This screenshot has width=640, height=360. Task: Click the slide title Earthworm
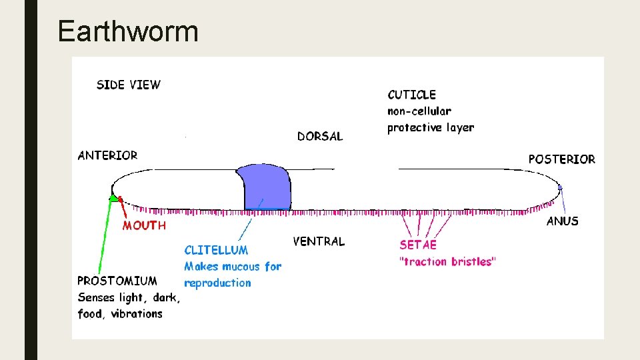coord(128,31)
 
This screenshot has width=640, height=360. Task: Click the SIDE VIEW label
coord(129,85)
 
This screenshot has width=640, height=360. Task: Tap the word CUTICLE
coord(411,95)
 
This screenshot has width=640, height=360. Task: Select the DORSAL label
coord(320,136)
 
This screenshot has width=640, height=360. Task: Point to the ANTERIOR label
coord(107,155)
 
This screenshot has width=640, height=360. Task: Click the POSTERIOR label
coord(561,159)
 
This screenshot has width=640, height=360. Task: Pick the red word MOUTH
coord(144,225)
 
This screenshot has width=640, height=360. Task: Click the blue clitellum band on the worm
coord(266,187)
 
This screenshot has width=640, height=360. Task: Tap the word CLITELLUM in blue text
coord(216,250)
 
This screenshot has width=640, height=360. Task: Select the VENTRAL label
coord(319,241)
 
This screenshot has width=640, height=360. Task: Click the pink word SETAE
coord(418,245)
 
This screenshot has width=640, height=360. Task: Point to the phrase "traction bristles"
coord(447,261)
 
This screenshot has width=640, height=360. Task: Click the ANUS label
coord(562,221)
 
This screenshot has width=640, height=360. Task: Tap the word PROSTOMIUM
coord(117,281)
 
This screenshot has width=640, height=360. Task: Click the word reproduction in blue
coord(217,283)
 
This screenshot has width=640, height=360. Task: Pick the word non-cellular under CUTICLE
coord(419,111)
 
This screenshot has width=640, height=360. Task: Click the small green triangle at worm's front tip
coord(115,198)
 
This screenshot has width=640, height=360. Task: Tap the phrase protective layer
coord(430,127)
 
